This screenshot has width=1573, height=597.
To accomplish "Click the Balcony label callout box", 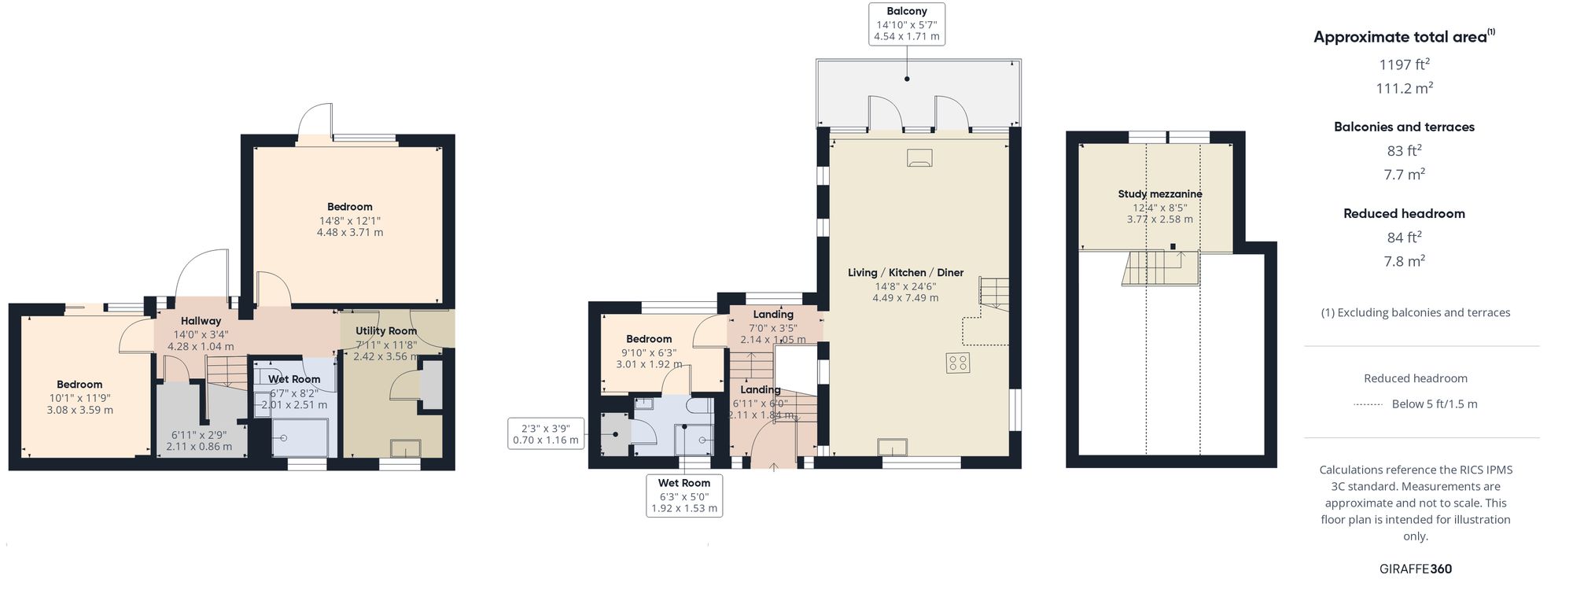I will tap(906, 24).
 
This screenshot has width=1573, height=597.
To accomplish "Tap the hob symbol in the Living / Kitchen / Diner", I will tap(958, 363).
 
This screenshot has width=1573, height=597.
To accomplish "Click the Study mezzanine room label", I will tap(1159, 194).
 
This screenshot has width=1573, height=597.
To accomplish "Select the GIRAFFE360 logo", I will tap(1415, 569).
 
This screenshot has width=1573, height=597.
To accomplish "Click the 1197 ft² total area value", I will tap(1404, 64).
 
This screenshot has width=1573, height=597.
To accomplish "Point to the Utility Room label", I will tap(385, 331).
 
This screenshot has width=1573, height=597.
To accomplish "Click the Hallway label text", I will tap(201, 321).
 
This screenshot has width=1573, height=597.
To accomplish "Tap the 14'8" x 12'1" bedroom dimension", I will tap(350, 221).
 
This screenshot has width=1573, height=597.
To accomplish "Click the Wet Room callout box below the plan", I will tap(683, 496).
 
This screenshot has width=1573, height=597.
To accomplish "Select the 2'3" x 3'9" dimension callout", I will tap(545, 434).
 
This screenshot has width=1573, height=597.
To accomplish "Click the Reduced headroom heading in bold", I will tap(1404, 213).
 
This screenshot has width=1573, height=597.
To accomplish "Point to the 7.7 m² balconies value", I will tap(1404, 175).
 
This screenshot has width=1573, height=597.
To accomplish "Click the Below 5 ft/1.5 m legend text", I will tap(1434, 404).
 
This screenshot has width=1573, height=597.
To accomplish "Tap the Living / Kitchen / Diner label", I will tap(905, 273).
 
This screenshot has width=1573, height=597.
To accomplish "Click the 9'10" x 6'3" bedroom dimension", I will tap(649, 353).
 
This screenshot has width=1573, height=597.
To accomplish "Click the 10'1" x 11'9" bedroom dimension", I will tap(79, 398).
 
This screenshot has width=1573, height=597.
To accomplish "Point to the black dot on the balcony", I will tap(907, 79).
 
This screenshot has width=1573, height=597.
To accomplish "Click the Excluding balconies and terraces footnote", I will tap(1415, 313).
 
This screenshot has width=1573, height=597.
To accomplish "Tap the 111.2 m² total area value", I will tap(1404, 88).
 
